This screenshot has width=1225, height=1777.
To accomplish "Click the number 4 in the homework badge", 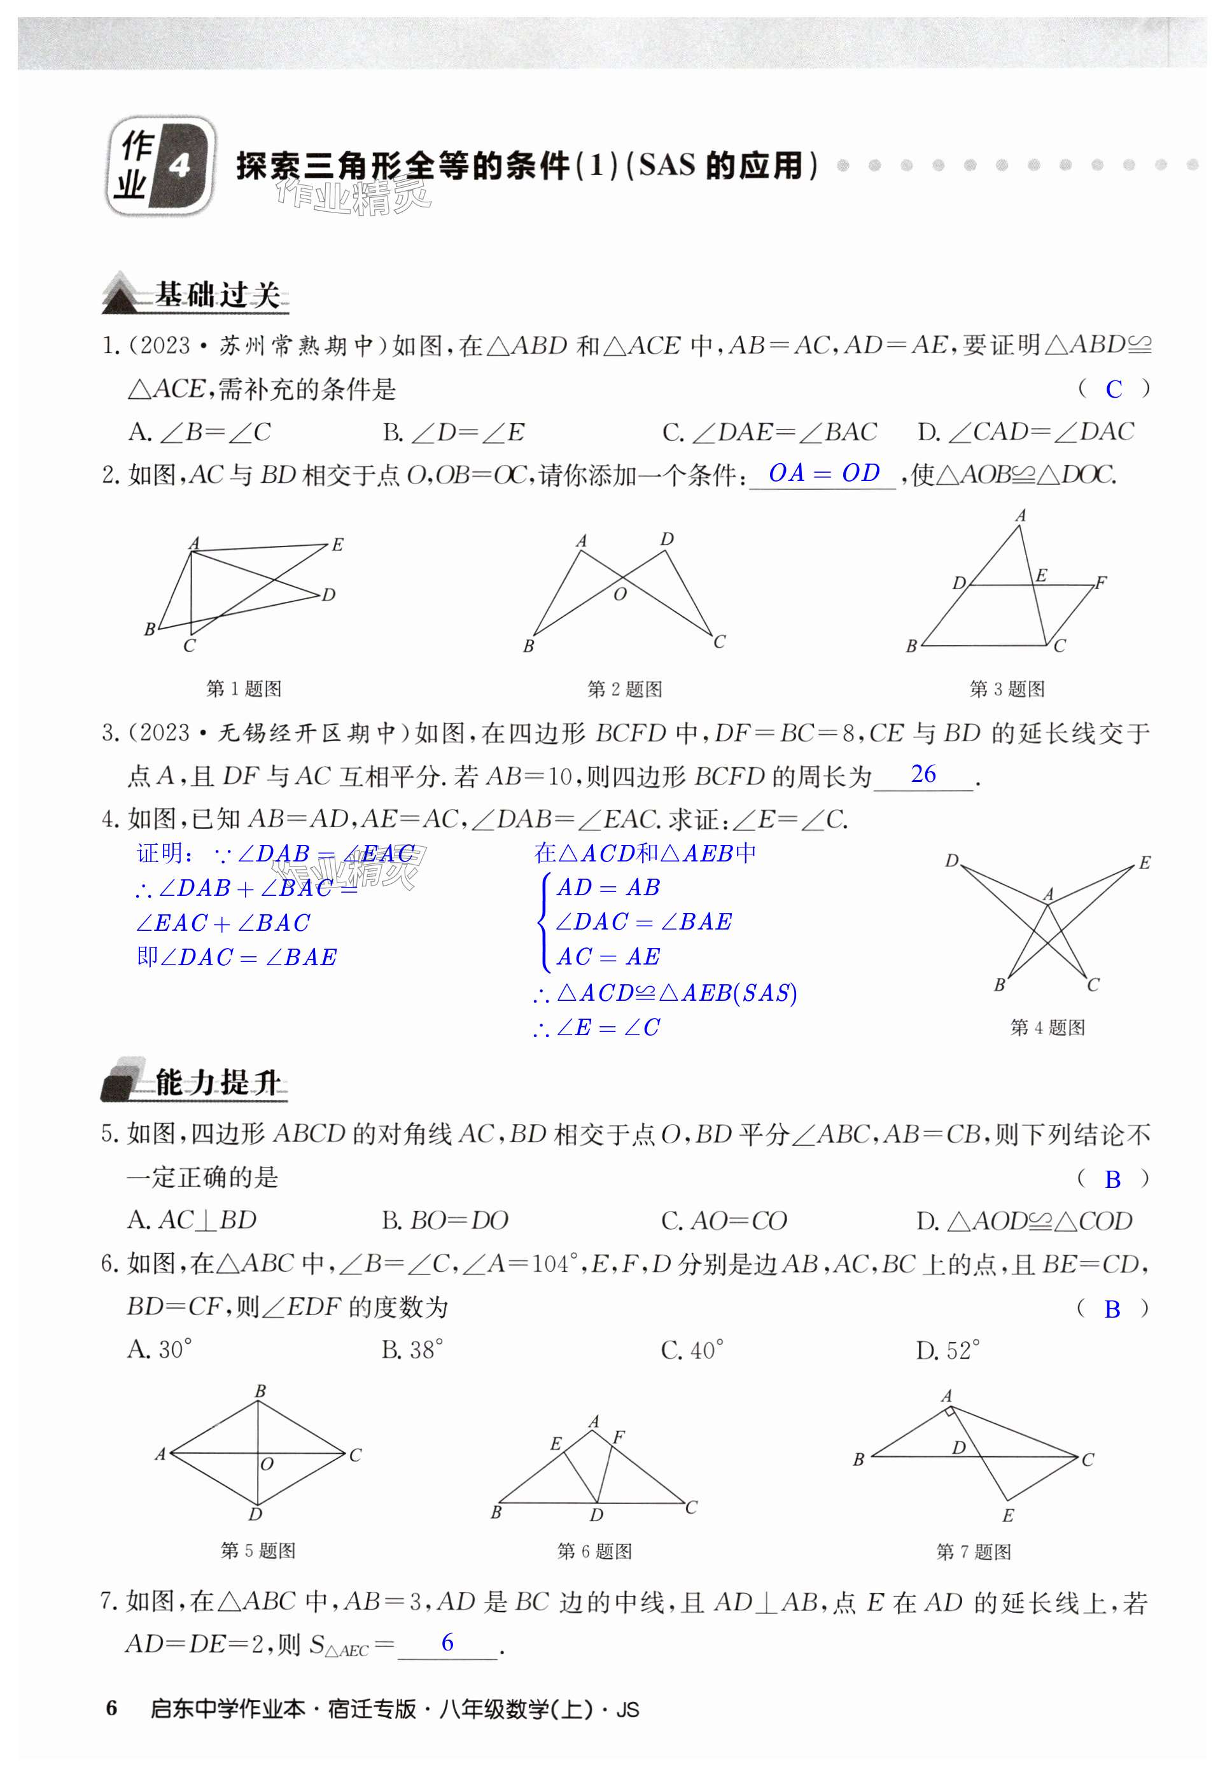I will (x=179, y=165).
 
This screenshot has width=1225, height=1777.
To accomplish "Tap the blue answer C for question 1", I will (x=1114, y=390).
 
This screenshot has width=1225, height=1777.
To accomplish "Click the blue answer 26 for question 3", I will (x=923, y=774).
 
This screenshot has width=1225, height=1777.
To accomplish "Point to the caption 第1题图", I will (x=244, y=688).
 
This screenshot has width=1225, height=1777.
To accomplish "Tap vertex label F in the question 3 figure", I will (x=1101, y=582).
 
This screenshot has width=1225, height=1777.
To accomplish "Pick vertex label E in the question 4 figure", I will (x=1144, y=862).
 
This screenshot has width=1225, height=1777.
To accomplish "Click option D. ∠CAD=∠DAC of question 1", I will (x=1025, y=433).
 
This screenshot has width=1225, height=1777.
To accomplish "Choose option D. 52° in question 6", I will (x=948, y=1349).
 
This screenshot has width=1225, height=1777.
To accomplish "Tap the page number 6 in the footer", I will (x=112, y=1709).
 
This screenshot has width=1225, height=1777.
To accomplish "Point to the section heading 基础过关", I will (x=216, y=295).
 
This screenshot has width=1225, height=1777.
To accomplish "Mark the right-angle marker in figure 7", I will (x=950, y=1411).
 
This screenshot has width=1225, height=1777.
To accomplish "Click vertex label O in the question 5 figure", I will (x=267, y=1464).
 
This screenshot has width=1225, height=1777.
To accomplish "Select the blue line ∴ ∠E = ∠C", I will (x=596, y=1028).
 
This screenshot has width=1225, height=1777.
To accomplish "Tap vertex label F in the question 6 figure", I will (x=619, y=1437).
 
